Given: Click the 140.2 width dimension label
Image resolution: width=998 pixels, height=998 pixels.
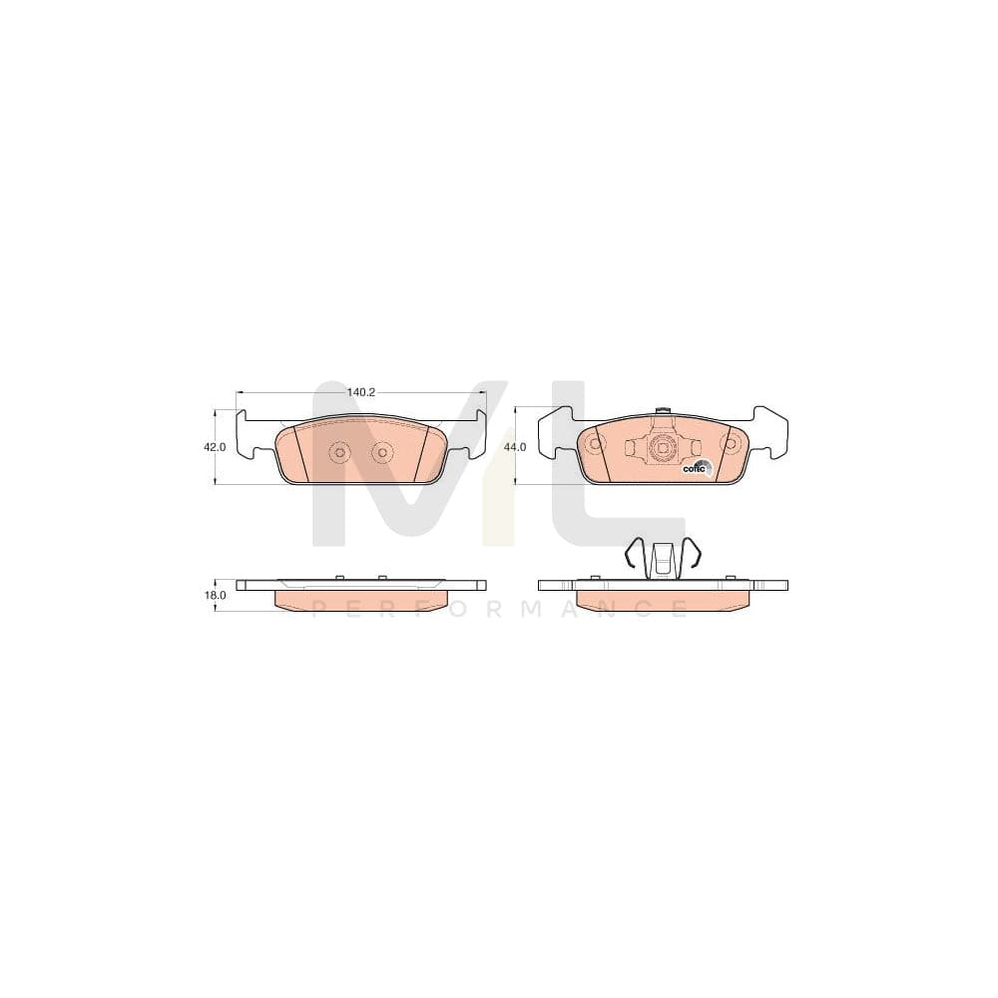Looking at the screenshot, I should [x=360, y=392].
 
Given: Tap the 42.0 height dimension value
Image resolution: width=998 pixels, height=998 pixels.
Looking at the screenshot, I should [x=214, y=448].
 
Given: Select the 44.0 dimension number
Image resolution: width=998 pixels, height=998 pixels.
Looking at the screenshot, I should [x=515, y=448].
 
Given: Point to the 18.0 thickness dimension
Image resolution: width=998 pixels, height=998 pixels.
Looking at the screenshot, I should [x=214, y=595].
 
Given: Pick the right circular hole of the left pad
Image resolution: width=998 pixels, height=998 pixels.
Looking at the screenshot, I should [x=380, y=454].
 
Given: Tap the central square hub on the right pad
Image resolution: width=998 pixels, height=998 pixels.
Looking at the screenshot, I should [x=661, y=449].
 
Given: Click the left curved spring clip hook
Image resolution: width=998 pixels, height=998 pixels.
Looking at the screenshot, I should [x=633, y=554].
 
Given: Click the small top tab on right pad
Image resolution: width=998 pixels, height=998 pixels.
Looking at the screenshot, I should [x=661, y=410].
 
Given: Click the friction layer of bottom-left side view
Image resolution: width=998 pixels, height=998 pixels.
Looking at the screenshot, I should [x=360, y=600].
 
